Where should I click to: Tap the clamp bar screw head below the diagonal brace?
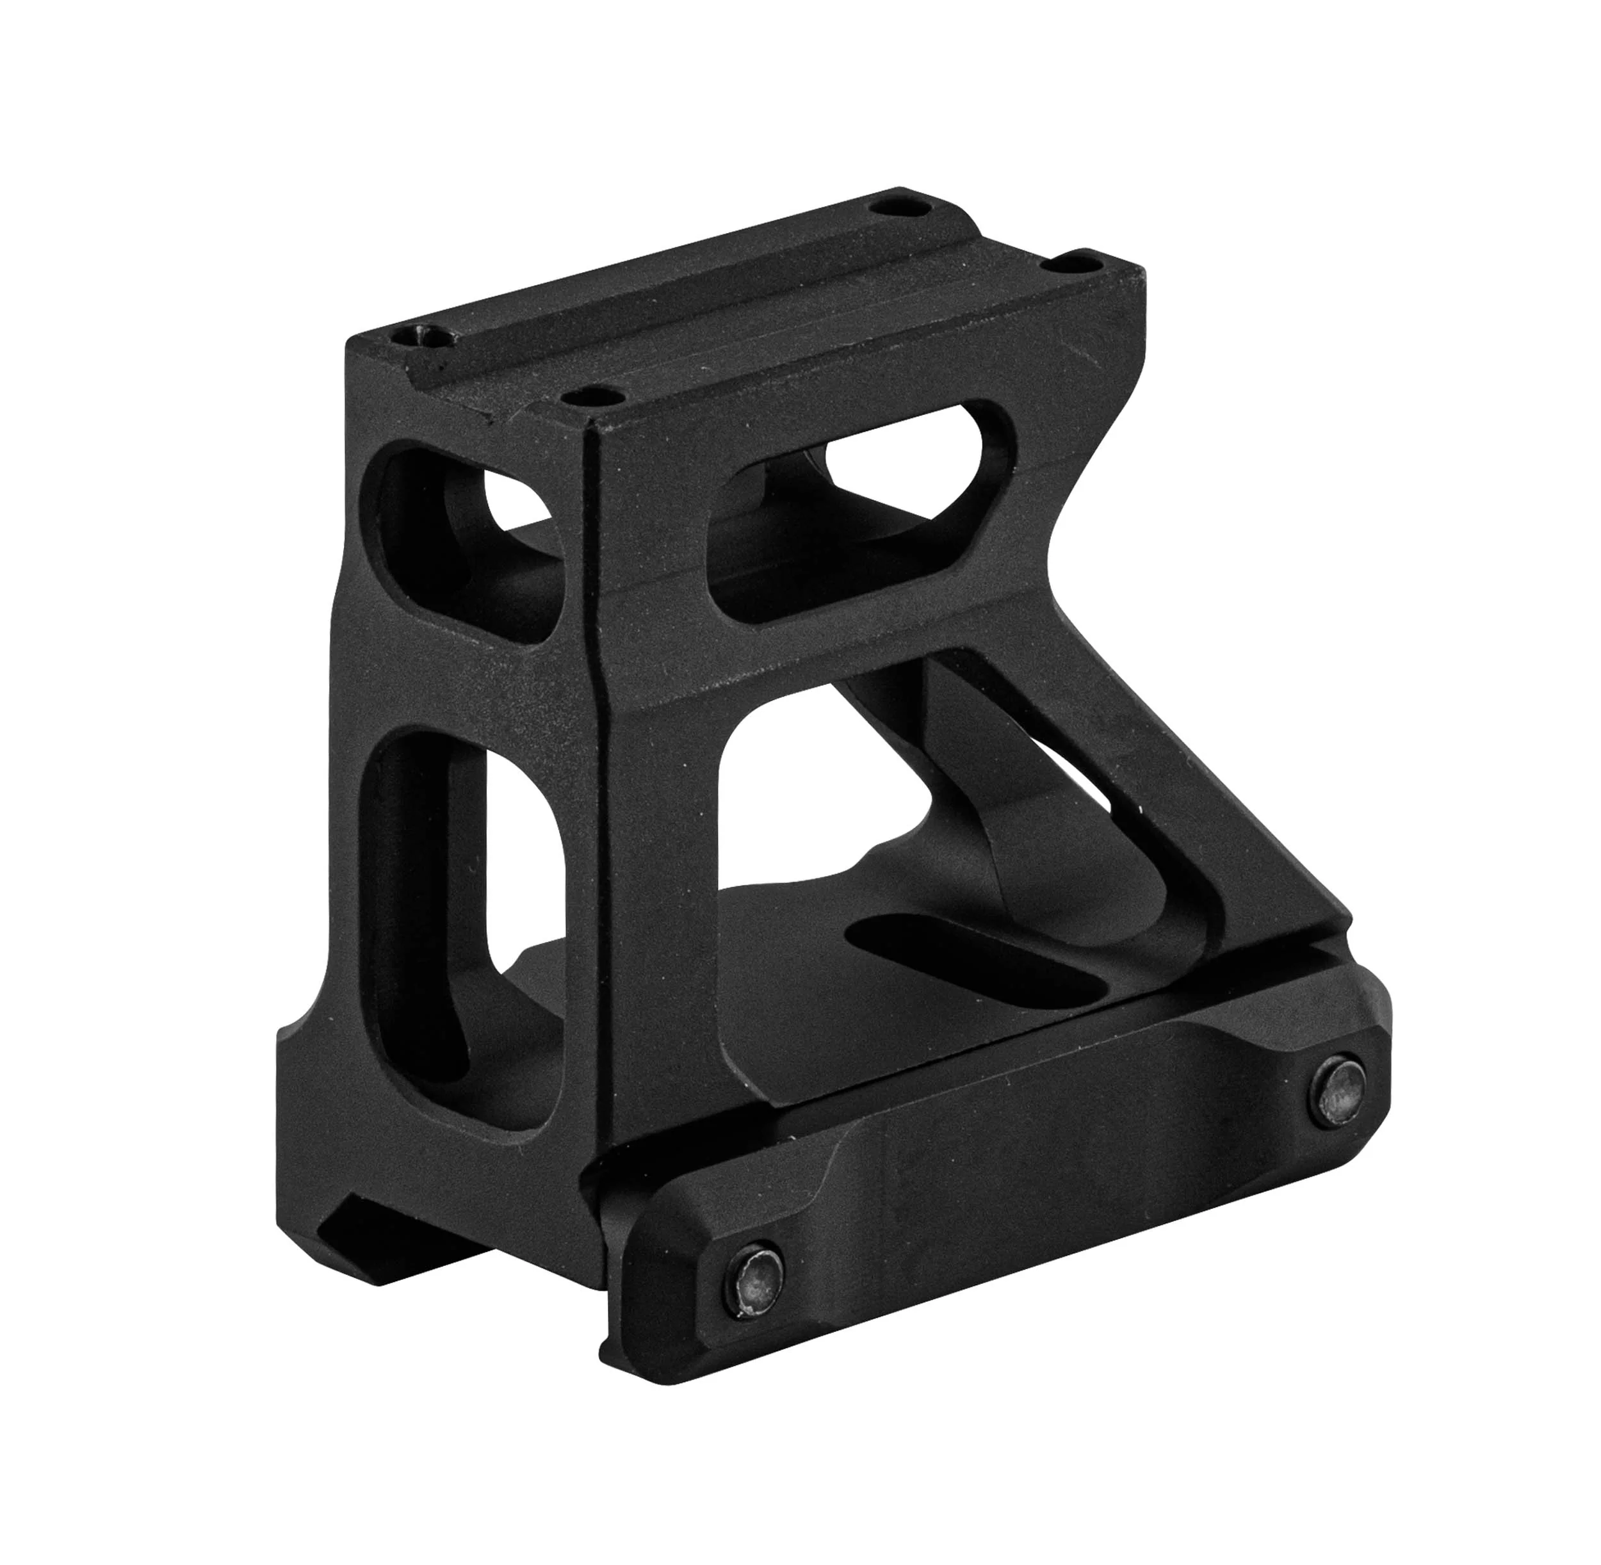click(1340, 1093)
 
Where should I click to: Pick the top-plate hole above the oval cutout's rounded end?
click(1075, 264)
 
